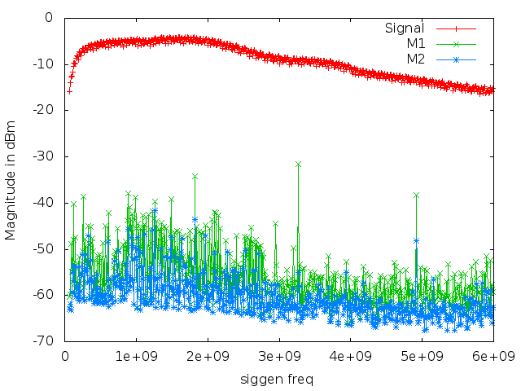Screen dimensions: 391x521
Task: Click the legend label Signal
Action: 404,29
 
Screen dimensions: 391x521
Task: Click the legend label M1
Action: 415,44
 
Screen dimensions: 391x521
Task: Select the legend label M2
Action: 415,59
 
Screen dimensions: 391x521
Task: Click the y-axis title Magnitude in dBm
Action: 11,179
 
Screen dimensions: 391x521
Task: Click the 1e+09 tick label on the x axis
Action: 137,356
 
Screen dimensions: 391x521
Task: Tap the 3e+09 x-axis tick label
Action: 279,356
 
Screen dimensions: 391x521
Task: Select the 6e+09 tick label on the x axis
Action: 493,356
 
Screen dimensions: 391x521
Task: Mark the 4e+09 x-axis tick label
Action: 351,356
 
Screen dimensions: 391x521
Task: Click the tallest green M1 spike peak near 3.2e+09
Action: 298,164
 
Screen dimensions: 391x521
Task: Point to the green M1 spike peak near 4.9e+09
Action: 416,195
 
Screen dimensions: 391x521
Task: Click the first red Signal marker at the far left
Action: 69,91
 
